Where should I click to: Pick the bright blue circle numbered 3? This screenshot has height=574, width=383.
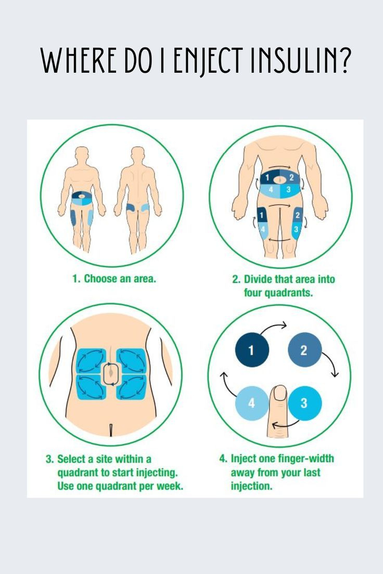(304, 402)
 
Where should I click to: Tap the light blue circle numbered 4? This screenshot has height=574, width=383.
(252, 402)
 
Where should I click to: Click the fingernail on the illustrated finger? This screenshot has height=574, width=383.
(279, 393)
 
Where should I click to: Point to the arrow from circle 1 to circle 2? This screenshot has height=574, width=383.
(275, 328)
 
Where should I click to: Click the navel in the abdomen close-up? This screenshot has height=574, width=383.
(111, 374)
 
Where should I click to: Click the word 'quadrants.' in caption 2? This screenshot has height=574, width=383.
(278, 293)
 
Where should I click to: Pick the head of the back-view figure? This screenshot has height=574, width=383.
(137, 154)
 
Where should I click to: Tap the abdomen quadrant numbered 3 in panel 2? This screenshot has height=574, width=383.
(288, 190)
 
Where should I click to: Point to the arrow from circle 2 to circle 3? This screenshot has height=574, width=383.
(330, 364)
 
